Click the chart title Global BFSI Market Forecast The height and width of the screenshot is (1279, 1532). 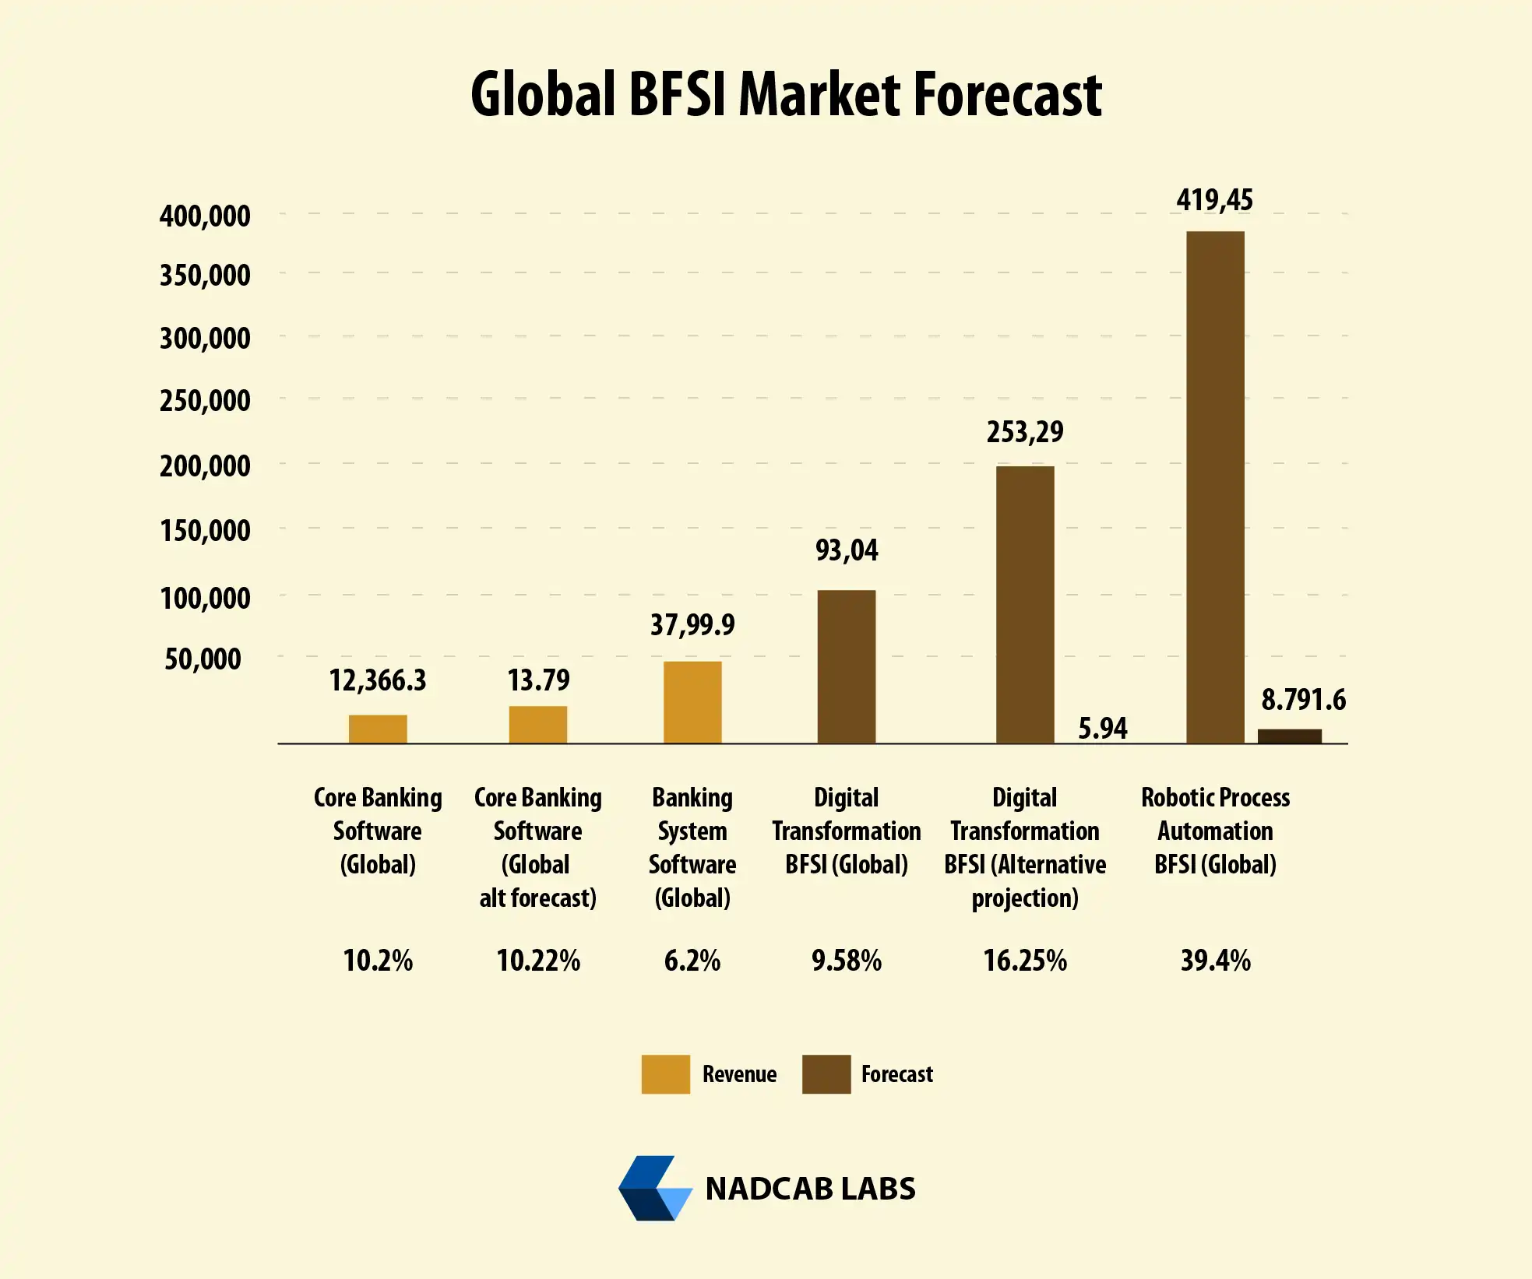(x=785, y=95)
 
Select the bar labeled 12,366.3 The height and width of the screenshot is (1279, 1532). (x=378, y=729)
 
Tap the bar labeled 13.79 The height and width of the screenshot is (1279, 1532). (x=537, y=724)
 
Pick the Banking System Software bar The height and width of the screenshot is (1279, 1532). (x=692, y=702)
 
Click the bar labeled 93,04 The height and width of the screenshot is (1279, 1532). (x=846, y=666)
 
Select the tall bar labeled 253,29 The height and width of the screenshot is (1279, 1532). (x=1025, y=604)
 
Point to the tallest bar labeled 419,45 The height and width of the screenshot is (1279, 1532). (x=1215, y=487)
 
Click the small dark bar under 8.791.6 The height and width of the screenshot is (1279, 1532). (x=1289, y=736)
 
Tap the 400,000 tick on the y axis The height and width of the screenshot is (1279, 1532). (x=205, y=216)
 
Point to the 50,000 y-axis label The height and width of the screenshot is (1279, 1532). (x=203, y=659)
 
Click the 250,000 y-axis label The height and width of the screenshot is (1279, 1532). (x=205, y=401)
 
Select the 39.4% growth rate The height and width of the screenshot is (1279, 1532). (x=1215, y=961)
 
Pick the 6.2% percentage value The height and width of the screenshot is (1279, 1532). (x=692, y=961)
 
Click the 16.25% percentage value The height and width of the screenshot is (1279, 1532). (x=1024, y=961)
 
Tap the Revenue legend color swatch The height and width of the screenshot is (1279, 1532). (x=665, y=1074)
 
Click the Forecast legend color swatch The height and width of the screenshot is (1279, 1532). (x=826, y=1074)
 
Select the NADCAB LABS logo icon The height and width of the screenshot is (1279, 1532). (x=655, y=1188)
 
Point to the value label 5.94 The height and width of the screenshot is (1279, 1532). (x=1102, y=729)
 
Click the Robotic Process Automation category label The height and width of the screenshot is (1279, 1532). (x=1215, y=831)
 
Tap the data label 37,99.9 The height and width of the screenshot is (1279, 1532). (x=692, y=624)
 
